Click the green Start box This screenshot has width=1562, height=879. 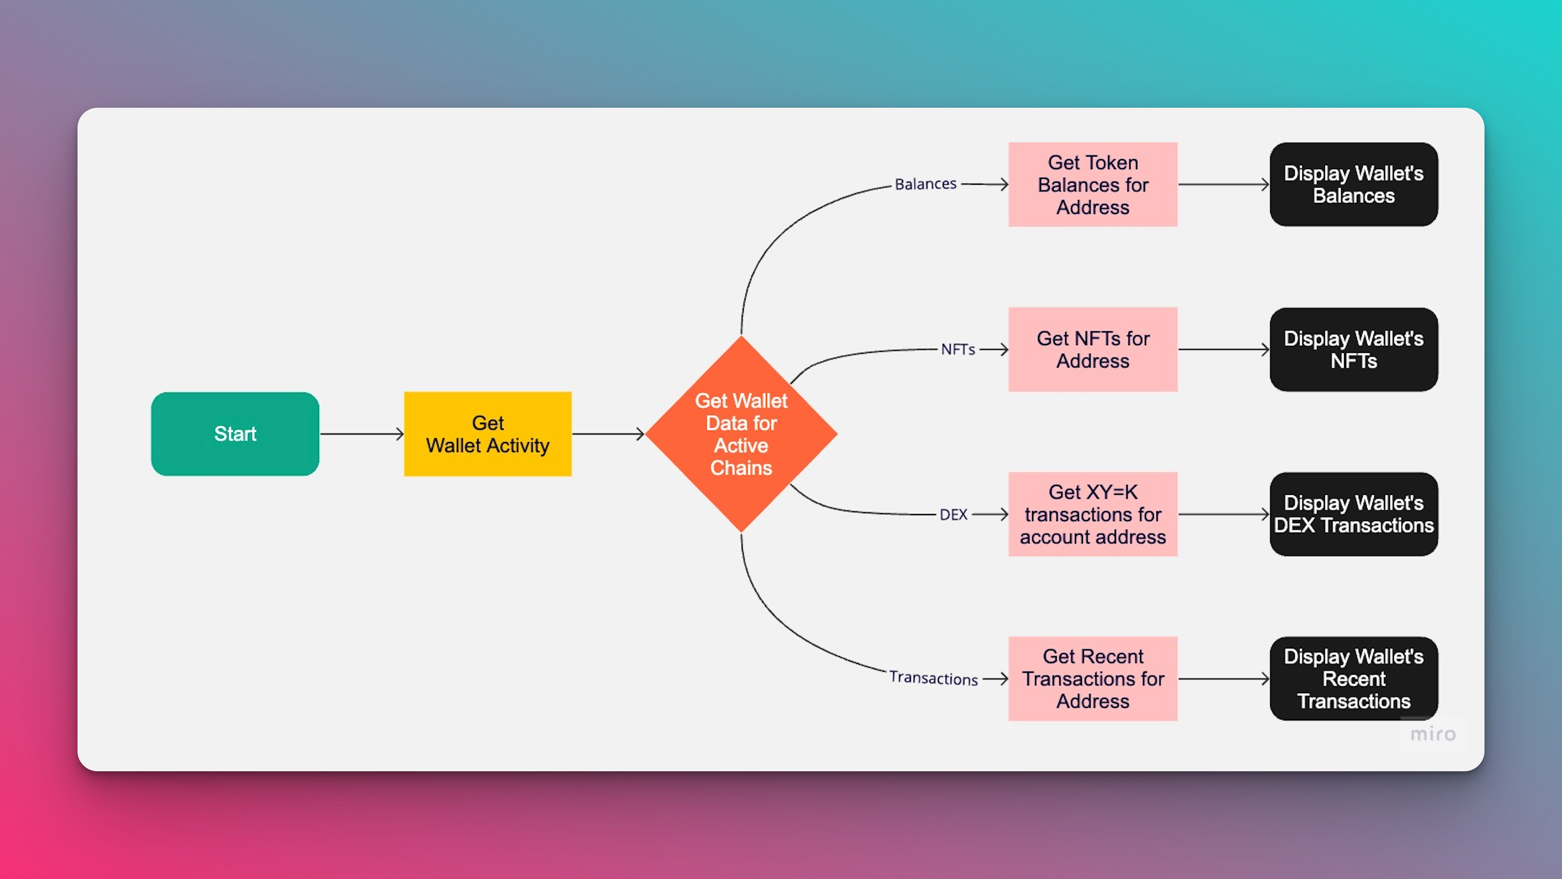pos(236,434)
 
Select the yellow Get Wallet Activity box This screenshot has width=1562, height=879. pos(488,434)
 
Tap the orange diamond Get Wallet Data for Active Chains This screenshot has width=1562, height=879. pos(741,434)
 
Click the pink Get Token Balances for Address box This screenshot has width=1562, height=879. pos(1092,184)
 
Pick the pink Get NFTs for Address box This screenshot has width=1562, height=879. pos(1092,349)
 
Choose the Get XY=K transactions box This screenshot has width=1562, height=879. pos(1092,515)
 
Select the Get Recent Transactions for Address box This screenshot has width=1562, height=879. pos(1092,679)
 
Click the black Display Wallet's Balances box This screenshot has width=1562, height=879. pos(1353,184)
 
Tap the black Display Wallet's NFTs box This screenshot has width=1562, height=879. pos(1353,349)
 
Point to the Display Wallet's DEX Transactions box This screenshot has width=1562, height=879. pos(1353,515)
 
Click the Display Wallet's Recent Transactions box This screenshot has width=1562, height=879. pos(1353,679)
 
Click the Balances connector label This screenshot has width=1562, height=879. pos(925,184)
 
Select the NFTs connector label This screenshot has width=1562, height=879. pos(958,349)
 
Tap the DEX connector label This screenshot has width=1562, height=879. pos(953,515)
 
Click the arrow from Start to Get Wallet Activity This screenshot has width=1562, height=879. pos(362,434)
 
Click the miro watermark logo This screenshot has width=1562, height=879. pos(1433,734)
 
